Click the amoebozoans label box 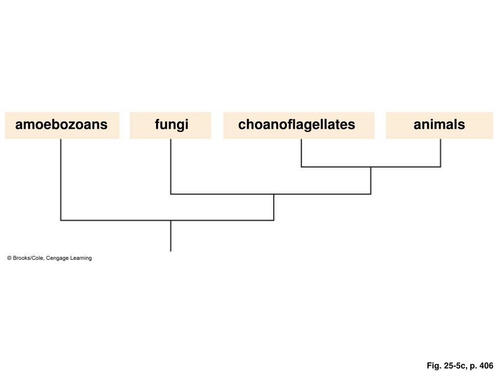(x=62, y=125)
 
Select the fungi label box (x=171, y=125)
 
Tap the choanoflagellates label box (x=299, y=125)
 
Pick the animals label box (x=439, y=125)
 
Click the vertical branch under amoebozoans (x=61, y=180)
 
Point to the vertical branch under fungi (x=171, y=166)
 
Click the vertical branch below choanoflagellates (x=302, y=153)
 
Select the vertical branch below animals (x=441, y=153)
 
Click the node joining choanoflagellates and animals (x=371, y=167)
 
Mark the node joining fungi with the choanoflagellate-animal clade (x=274, y=194)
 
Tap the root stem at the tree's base (x=171, y=237)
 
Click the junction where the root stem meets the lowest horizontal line (x=171, y=220)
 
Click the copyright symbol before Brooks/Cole (x=9, y=258)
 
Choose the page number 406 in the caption (x=486, y=366)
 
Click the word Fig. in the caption (x=434, y=366)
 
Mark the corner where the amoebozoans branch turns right (x=61, y=220)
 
